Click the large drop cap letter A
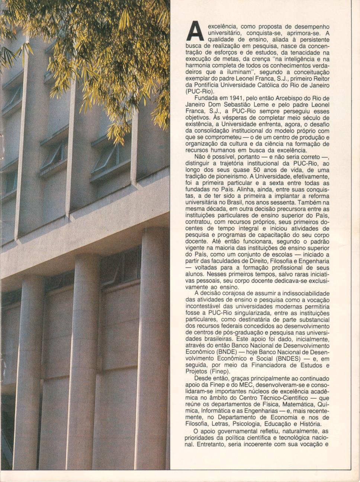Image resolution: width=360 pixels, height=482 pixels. point(196,31)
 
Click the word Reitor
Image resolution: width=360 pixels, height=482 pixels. point(321,79)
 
